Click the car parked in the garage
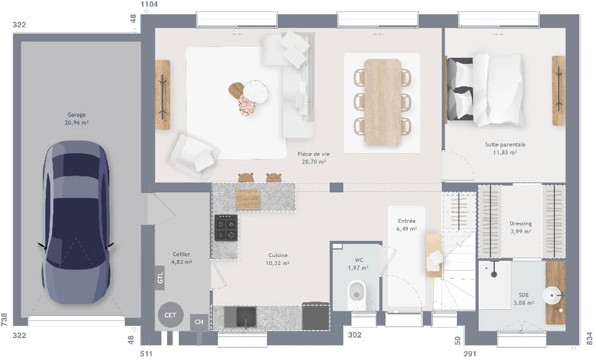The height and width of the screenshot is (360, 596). point(76,222)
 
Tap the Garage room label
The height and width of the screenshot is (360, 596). point(76,115)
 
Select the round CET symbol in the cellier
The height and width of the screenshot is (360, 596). point(170,315)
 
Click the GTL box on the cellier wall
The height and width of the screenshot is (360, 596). point(160,278)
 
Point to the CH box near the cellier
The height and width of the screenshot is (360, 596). point(199,322)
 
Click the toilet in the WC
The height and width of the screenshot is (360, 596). point(357,290)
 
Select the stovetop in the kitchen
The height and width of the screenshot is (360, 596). point(226,228)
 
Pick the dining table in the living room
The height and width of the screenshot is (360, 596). point(382,102)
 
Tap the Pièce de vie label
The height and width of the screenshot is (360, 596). point(313,154)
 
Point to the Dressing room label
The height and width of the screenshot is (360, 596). point(520,223)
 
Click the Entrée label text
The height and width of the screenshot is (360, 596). point(407,221)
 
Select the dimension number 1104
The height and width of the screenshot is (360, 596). point(150,4)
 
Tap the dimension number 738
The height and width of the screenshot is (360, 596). point(5,319)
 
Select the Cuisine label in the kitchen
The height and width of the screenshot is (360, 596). point(278,255)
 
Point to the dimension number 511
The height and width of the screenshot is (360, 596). point(147,354)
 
